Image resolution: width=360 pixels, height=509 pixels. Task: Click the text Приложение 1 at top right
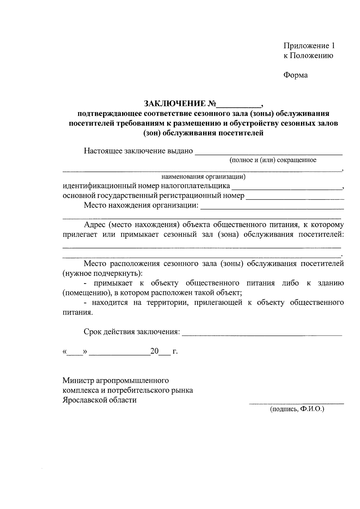tap(309, 46)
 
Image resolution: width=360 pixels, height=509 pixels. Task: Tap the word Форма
tap(295, 75)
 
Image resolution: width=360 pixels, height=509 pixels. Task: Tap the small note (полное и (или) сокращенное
tap(273, 160)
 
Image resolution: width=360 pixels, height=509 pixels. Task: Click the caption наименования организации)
tap(203, 176)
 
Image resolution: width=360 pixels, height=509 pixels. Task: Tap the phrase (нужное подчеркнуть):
tap(103, 274)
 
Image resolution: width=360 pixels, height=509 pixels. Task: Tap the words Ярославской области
tap(99, 400)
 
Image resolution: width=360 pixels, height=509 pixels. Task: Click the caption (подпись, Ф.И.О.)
tap(297, 409)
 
